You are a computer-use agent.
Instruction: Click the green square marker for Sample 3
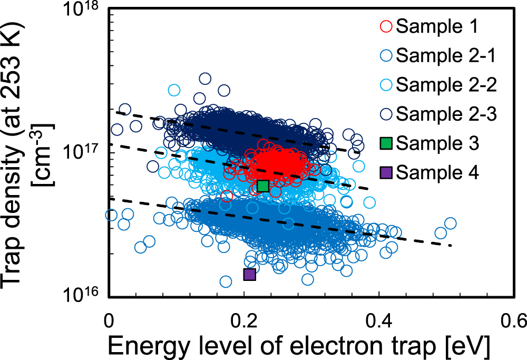[x=263, y=186]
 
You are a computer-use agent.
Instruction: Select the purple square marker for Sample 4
[x=249, y=274]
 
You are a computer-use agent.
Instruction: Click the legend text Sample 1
[x=437, y=26]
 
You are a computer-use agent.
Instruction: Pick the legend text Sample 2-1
[x=445, y=55]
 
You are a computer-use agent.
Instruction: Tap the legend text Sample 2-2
[x=445, y=84]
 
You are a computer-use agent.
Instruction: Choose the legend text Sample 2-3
[x=445, y=113]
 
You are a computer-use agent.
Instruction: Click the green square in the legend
[x=385, y=142]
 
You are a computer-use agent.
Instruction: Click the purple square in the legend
[x=385, y=171]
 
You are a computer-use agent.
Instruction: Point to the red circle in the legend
[x=385, y=26]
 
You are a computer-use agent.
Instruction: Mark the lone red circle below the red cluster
[x=227, y=196]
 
